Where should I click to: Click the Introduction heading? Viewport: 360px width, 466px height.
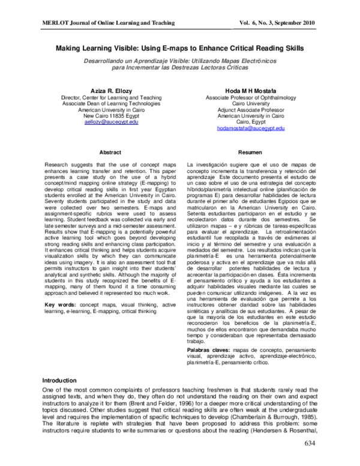click(59, 381)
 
